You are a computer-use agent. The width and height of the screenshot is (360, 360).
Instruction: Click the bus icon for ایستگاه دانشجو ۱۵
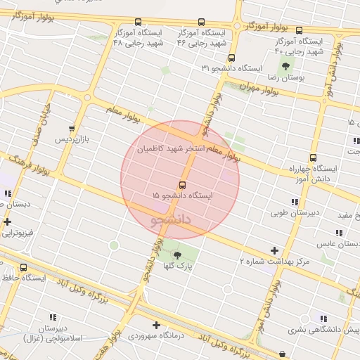(x=184, y=186)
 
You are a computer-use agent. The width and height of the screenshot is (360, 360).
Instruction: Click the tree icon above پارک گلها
(x=176, y=255)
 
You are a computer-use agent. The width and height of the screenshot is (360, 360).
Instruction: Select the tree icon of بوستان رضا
(x=285, y=67)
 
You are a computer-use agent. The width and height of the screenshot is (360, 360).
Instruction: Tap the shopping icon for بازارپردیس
(x=71, y=129)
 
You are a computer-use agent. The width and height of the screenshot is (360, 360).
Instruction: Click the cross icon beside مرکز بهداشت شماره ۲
(x=274, y=251)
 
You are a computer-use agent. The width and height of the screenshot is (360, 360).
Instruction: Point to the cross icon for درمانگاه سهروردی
(x=156, y=325)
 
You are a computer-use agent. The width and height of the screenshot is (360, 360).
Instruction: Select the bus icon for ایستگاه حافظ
(x=23, y=268)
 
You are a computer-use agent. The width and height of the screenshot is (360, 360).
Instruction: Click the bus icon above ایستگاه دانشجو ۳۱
(x=233, y=58)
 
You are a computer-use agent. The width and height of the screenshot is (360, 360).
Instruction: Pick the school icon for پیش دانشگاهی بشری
(x=323, y=319)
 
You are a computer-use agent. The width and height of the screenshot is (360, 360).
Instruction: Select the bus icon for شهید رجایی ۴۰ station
(x=299, y=30)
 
